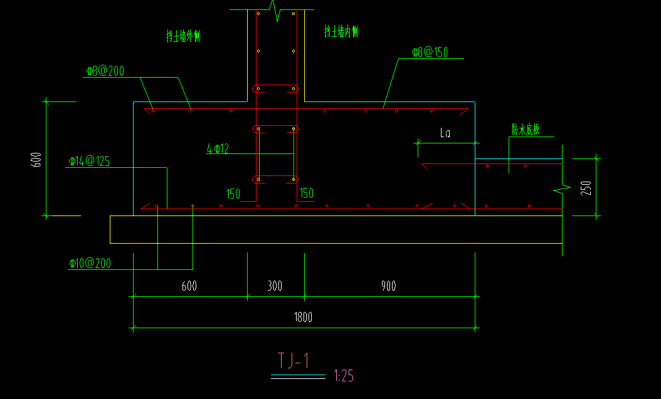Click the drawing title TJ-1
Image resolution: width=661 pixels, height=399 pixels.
pyautogui.click(x=293, y=361)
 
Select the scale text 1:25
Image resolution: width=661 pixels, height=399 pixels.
pyautogui.click(x=344, y=376)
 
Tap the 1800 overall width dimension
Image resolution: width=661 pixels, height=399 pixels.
pyautogui.click(x=303, y=318)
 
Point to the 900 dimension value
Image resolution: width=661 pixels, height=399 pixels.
pyautogui.click(x=388, y=286)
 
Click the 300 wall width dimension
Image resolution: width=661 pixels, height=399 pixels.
pyautogui.click(x=275, y=286)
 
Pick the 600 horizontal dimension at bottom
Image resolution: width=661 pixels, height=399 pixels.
pyautogui.click(x=189, y=286)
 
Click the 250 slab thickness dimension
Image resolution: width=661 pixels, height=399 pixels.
pyautogui.click(x=586, y=188)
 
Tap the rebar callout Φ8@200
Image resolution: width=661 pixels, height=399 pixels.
pyautogui.click(x=105, y=71)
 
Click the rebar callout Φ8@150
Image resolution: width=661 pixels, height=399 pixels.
pyautogui.click(x=430, y=53)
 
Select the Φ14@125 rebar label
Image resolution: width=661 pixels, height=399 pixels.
pyautogui.click(x=88, y=162)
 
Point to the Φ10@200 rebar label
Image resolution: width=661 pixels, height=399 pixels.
pyautogui.click(x=90, y=264)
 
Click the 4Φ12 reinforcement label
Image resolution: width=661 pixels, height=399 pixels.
pyautogui.click(x=218, y=149)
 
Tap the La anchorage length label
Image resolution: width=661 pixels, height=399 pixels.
pyautogui.click(x=445, y=133)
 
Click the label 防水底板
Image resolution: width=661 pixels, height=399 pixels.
pyautogui.click(x=525, y=130)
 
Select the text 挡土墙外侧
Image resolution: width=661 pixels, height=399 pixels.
pyautogui.click(x=182, y=37)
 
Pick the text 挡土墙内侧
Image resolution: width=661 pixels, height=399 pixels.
pyautogui.click(x=341, y=31)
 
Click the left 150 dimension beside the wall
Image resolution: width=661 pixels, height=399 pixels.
pyautogui.click(x=233, y=194)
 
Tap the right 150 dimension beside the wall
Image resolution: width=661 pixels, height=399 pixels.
pyautogui.click(x=307, y=194)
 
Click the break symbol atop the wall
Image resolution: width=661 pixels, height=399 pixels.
pyautogui.click(x=274, y=11)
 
